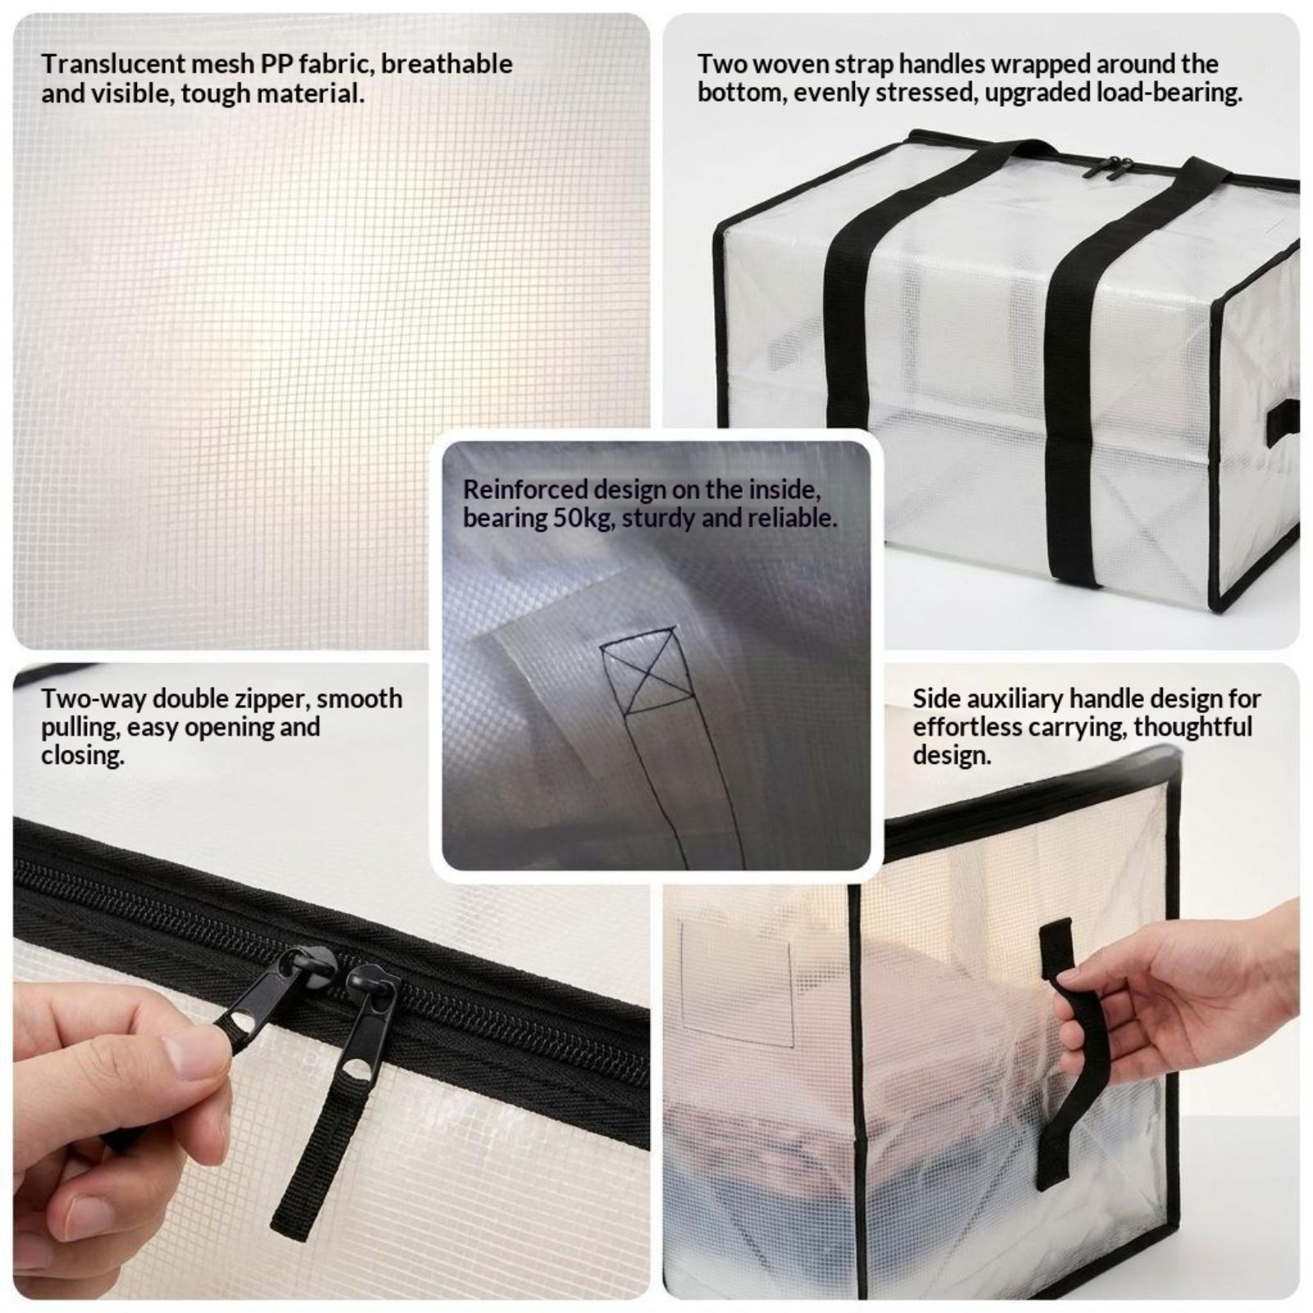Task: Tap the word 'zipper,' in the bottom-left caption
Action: [270, 700]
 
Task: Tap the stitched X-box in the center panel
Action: [640, 670]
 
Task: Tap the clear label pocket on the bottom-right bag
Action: [737, 985]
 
